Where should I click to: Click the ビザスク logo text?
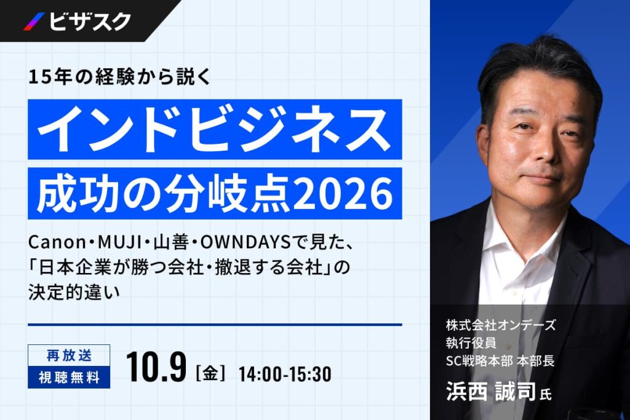(90, 22)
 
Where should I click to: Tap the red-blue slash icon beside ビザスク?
(34, 22)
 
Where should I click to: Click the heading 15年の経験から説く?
(119, 77)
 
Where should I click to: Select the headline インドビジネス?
(215, 129)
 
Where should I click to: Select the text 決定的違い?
(74, 292)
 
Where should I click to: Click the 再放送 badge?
(69, 355)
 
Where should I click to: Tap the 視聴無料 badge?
(69, 378)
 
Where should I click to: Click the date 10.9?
(156, 367)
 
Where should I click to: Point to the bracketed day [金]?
(210, 373)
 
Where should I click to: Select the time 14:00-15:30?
(285, 374)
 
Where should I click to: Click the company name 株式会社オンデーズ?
(501, 325)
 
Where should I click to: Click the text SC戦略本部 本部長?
(500, 360)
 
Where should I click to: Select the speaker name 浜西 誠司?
(491, 391)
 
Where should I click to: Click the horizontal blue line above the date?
(215, 325)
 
